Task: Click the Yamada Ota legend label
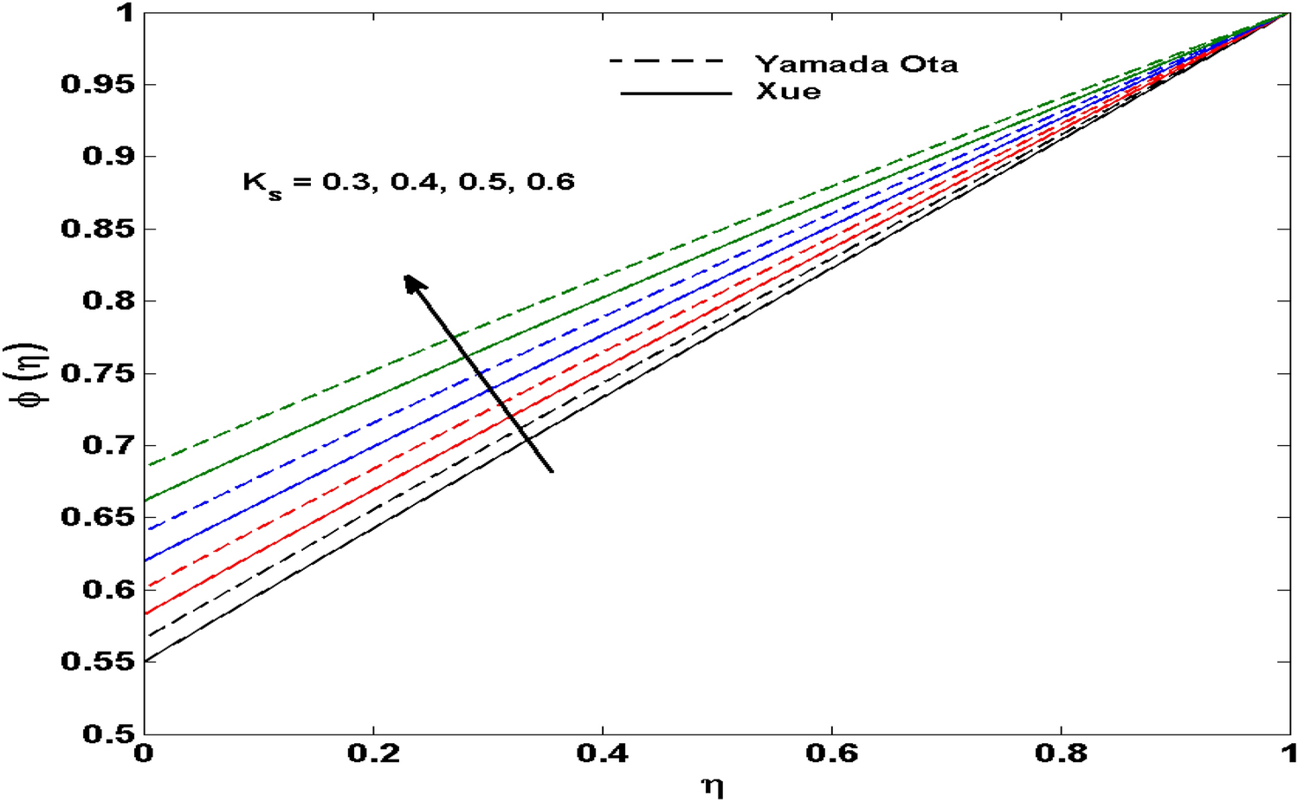pos(856,64)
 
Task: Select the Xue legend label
pos(788,92)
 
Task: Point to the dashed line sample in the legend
pos(666,61)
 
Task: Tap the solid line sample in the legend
pos(676,93)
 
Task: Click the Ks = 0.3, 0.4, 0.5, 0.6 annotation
pos(408,183)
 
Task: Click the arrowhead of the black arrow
pos(412,282)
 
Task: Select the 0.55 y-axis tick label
pos(97,662)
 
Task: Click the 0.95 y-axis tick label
pos(97,85)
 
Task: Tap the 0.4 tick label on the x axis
pos(602,753)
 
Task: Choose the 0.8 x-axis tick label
pos(1061,753)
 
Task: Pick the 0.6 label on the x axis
pos(831,753)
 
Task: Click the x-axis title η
pos(713,786)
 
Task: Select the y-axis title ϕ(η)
pos(35,374)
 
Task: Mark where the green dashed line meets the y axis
pos(145,466)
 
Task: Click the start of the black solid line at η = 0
pos(145,660)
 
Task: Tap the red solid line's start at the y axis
pos(145,613)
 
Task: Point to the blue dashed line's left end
pos(145,529)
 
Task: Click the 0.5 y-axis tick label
pos(108,734)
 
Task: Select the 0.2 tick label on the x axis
pos(373,753)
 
